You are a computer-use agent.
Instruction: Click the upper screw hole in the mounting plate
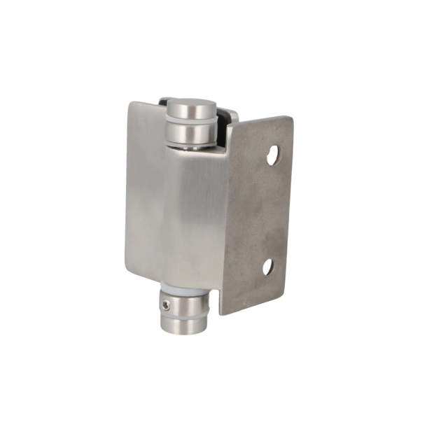tap(273, 155)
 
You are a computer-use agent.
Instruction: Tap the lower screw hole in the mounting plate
tap(267, 267)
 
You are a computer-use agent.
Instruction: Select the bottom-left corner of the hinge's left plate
tap(127, 270)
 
